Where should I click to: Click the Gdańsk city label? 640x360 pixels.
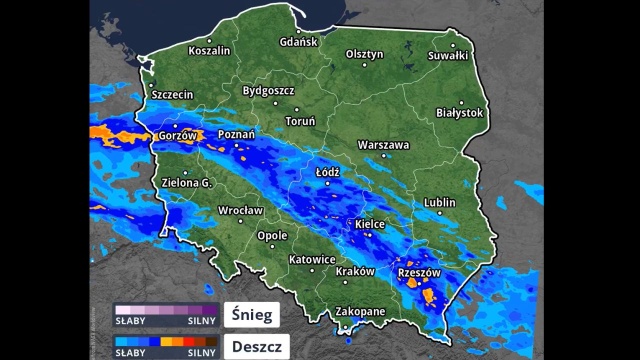click(299, 42)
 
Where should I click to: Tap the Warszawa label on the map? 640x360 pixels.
click(383, 145)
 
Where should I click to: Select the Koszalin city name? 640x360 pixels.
click(209, 50)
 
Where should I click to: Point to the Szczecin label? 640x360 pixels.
click(172, 94)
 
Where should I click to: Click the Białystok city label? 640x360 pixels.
click(460, 113)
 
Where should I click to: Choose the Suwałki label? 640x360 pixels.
click(448, 56)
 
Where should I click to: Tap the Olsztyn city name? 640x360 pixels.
click(364, 54)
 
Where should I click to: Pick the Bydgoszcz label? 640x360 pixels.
click(268, 91)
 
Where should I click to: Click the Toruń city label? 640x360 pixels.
click(300, 121)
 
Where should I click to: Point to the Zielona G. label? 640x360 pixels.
click(187, 184)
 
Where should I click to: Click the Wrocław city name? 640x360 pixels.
click(240, 211)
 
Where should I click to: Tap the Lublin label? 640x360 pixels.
click(439, 203)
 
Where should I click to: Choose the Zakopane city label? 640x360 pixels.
click(359, 312)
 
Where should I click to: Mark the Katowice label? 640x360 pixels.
click(311, 260)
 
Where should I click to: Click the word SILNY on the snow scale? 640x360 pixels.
click(202, 322)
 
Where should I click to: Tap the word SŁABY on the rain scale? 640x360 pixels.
click(129, 353)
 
